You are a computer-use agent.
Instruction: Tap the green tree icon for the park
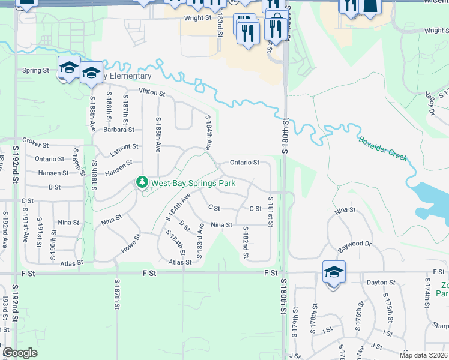[x=142, y=181]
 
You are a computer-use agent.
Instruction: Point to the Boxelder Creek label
[x=383, y=149]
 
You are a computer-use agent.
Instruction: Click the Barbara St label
[x=118, y=129]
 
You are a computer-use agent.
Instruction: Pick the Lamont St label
[x=124, y=146]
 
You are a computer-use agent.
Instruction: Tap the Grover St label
[x=35, y=140]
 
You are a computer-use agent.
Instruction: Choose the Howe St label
[x=130, y=242]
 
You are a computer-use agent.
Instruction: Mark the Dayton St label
[x=381, y=282]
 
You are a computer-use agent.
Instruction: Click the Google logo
[x=20, y=353]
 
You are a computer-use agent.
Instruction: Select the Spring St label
[x=35, y=70]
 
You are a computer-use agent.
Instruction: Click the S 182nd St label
[x=246, y=242]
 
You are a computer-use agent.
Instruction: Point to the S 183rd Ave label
[x=200, y=237]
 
